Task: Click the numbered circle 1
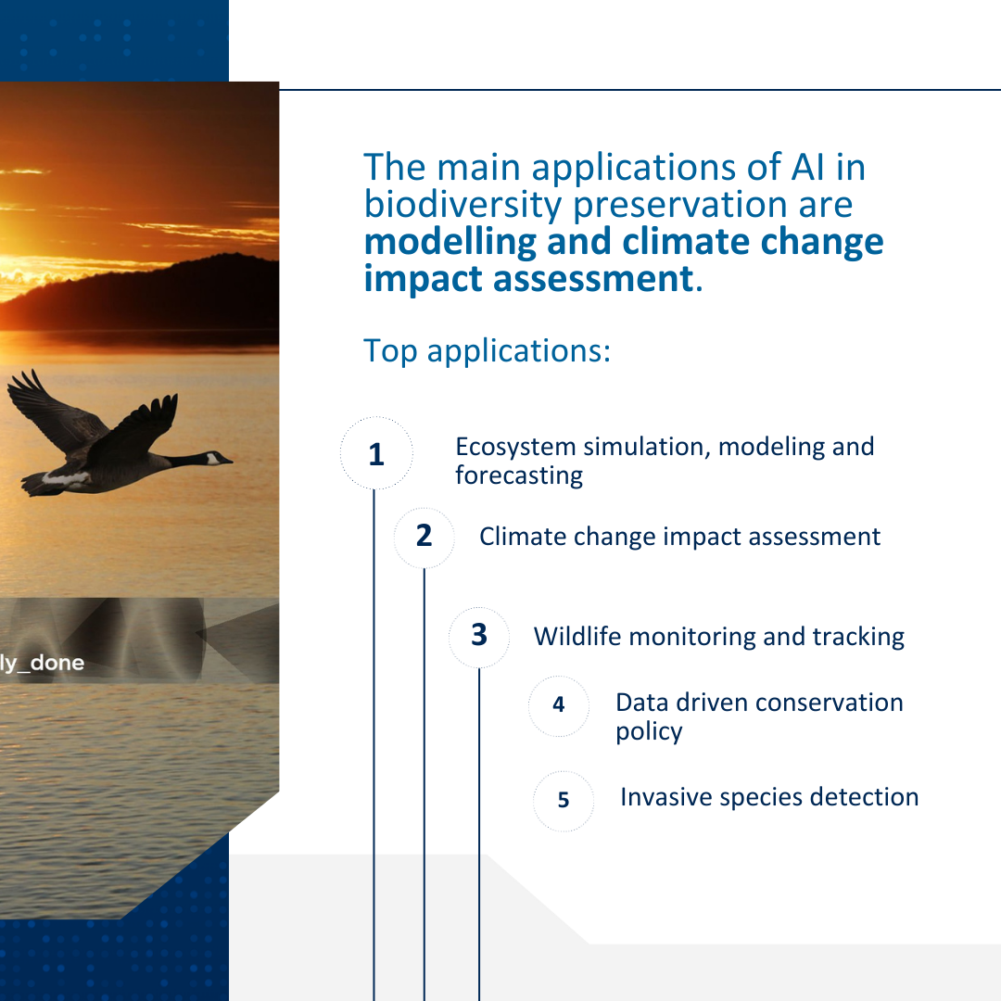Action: (x=375, y=454)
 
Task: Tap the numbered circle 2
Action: (x=424, y=536)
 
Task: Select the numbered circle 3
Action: (x=478, y=636)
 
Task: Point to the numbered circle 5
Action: (x=564, y=800)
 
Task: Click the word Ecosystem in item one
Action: (x=515, y=447)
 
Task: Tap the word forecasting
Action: (x=519, y=476)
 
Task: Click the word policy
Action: (x=649, y=731)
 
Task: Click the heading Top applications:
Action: (x=487, y=350)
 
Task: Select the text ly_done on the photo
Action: (x=42, y=663)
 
